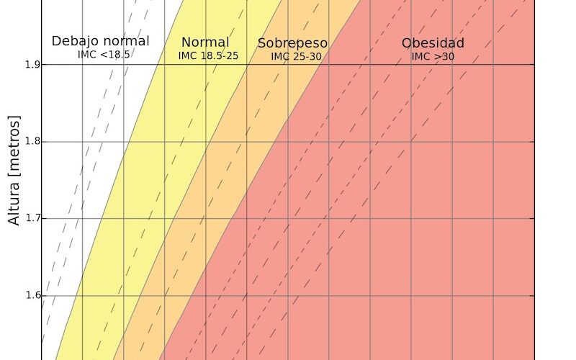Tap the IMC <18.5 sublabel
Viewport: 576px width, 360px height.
click(x=104, y=54)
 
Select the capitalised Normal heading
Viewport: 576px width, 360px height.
click(x=205, y=42)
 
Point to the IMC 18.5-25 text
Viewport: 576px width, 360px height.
click(x=208, y=55)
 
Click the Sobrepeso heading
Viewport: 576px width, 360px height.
click(x=292, y=43)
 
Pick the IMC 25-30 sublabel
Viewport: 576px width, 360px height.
click(x=296, y=55)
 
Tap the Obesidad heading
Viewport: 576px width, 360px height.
click(x=433, y=43)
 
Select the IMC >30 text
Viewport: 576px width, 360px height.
click(x=433, y=55)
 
